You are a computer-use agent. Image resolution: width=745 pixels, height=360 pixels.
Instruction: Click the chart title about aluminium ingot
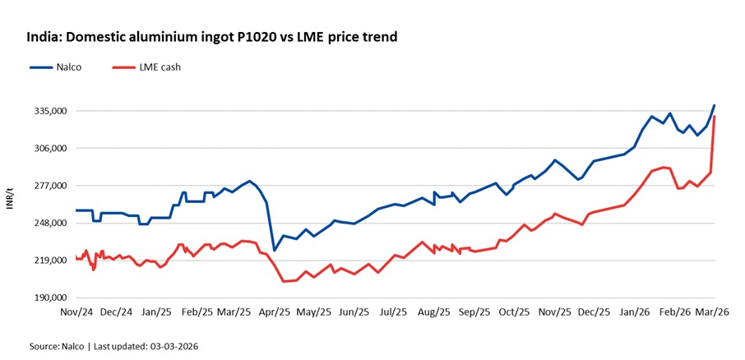pos(211,37)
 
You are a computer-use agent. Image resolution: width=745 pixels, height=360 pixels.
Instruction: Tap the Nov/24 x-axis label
pos(76,312)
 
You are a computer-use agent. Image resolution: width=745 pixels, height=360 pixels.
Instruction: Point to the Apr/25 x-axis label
pos(275,312)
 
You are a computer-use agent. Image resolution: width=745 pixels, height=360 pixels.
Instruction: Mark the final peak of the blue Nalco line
pos(715,105)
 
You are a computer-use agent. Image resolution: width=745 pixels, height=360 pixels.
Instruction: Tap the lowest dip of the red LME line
pos(284,282)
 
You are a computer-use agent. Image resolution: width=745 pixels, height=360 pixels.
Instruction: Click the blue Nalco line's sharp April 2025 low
pos(274,250)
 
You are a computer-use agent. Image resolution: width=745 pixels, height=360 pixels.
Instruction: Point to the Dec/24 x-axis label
pos(116,312)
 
